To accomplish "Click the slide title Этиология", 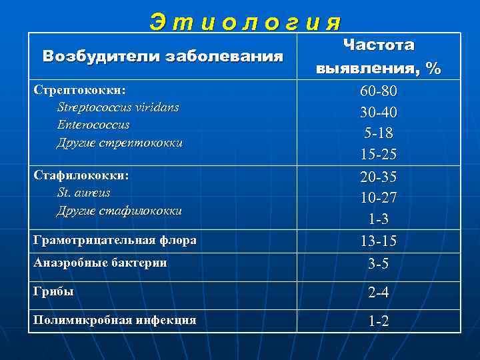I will (245, 22).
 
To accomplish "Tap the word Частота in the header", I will (379, 45).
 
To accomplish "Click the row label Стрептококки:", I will (81, 89).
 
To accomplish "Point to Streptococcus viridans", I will (118, 107).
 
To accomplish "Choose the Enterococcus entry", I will (93, 125).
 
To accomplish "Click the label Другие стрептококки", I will (120, 143).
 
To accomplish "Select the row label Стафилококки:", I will (81, 175).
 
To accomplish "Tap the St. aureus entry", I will (84, 193).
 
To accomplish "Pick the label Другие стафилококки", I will (119, 211).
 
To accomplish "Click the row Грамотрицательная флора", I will (115, 241).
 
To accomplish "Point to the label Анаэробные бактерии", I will (100, 263).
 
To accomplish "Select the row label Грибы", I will (54, 291).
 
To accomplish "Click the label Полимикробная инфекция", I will (115, 320).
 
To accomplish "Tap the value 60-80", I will (379, 90).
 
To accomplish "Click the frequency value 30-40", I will (379, 111).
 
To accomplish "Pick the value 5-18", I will (379, 133).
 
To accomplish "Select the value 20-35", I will (379, 176).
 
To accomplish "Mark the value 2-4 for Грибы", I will (379, 293).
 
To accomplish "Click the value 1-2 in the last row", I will (379, 321).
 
